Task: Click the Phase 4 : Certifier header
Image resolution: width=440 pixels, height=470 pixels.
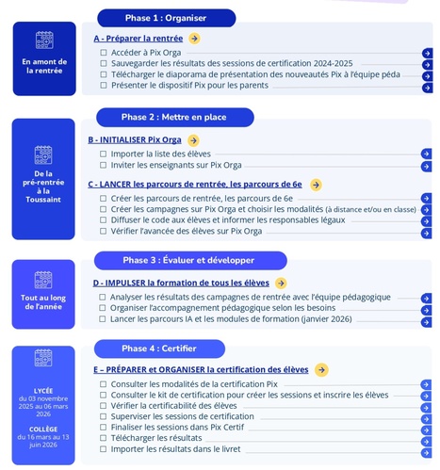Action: [x=158, y=348]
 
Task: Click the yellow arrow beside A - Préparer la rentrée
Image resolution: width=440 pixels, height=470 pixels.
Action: [x=194, y=39]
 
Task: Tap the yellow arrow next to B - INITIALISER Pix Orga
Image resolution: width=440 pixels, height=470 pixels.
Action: [x=192, y=139]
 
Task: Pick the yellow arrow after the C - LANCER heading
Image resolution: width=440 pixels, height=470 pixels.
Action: [x=316, y=185]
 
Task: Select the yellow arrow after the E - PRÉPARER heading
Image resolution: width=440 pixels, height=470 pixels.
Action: [x=321, y=370]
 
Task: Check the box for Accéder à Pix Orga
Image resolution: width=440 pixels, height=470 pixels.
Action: [x=104, y=53]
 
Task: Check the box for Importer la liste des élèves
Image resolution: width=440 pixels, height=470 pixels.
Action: [x=104, y=154]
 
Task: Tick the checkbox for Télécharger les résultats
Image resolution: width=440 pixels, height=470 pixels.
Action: [x=104, y=438]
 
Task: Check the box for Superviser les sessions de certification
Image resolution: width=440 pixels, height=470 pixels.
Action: [x=104, y=416]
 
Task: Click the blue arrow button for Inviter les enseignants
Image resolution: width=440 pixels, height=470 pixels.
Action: [x=426, y=165]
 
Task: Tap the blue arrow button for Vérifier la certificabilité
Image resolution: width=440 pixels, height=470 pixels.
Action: [x=426, y=406]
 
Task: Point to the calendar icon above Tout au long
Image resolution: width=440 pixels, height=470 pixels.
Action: [x=44, y=280]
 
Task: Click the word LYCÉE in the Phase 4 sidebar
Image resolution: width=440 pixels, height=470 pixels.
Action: [x=43, y=389]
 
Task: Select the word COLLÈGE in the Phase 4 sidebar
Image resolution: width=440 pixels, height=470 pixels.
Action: [x=43, y=429]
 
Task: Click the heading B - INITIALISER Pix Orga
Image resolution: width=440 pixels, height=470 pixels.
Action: [x=135, y=139]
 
